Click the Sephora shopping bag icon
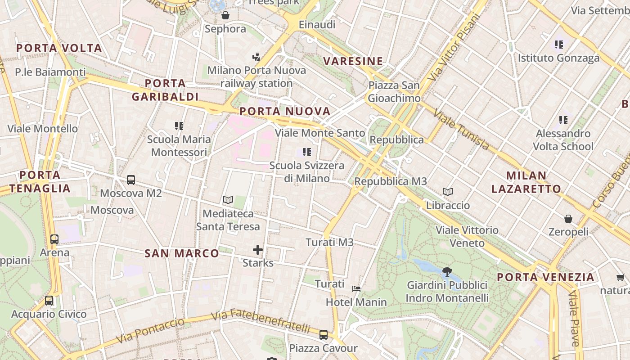click(225, 16)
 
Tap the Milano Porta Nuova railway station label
click(256, 77)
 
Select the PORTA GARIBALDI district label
click(165, 90)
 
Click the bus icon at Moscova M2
click(131, 180)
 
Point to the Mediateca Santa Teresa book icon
click(228, 200)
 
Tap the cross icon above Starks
click(258, 250)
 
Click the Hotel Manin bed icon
click(356, 288)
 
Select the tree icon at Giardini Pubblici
click(447, 271)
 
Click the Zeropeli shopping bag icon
click(568, 219)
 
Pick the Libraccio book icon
click(448, 192)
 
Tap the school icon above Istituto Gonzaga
click(559, 45)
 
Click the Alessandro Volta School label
click(563, 140)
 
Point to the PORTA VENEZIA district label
click(546, 277)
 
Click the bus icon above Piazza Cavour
click(324, 334)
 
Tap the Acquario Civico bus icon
click(49, 301)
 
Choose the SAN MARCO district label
click(182, 253)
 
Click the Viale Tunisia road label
click(461, 130)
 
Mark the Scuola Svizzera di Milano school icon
click(307, 152)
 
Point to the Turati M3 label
click(330, 243)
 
